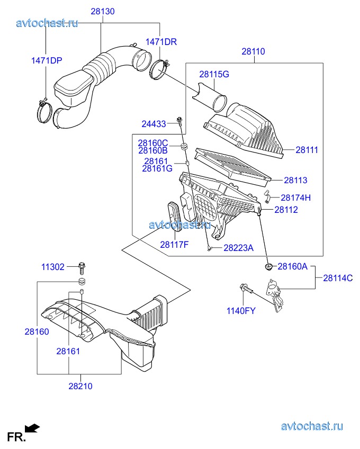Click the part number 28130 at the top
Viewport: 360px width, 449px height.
tap(103, 12)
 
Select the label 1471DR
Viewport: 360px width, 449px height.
tap(161, 42)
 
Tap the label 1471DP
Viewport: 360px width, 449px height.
tap(47, 60)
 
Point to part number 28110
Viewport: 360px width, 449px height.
tap(253, 51)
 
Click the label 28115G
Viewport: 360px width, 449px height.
tap(214, 74)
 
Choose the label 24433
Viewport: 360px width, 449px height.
tap(154, 124)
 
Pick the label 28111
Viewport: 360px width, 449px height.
tap(307, 150)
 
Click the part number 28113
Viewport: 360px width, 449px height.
tap(295, 180)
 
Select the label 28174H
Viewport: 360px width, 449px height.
tap(295, 197)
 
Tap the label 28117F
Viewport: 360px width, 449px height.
tap(174, 245)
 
